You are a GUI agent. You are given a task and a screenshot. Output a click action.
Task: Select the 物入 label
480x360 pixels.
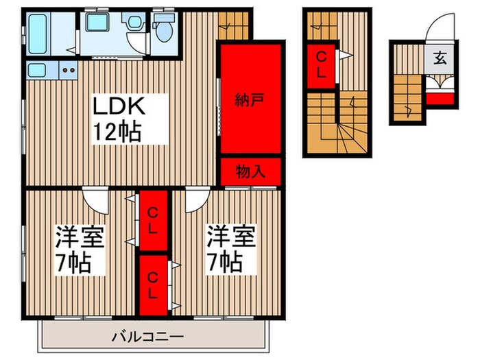(251, 171)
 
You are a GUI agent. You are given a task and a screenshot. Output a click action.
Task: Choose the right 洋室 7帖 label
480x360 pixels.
(230, 248)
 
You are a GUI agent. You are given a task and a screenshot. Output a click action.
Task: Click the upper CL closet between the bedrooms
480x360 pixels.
(154, 221)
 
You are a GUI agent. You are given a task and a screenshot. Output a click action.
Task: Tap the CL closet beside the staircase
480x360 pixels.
(321, 64)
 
